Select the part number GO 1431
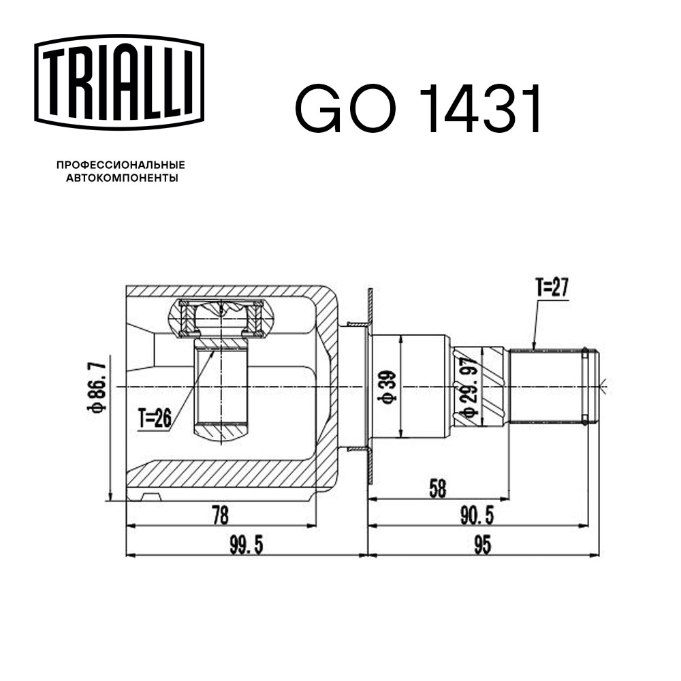418,110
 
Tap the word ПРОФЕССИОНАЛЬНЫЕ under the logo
121,165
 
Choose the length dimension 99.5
246,544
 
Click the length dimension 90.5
477,516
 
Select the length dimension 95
484,544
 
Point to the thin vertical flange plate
369,387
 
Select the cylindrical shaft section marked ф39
409,387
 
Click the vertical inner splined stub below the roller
221,388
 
